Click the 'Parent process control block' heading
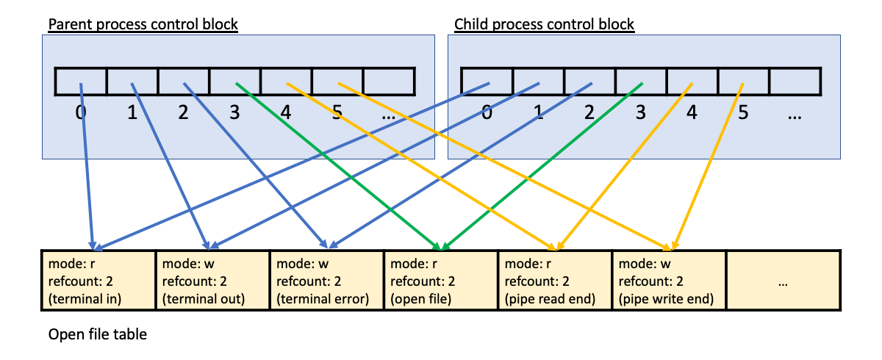pos(143,24)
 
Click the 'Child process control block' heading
pos(544,24)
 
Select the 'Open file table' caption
pos(98,335)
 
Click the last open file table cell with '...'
pos(783,281)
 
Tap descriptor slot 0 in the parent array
pos(81,82)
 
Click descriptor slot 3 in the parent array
pos(235,82)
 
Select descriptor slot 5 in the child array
pos(744,82)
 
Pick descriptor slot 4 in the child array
pos(692,82)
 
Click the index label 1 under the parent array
pos(132,115)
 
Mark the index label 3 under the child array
pos(640,115)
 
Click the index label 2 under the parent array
pos(183,115)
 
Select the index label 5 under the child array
pos(743,115)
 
